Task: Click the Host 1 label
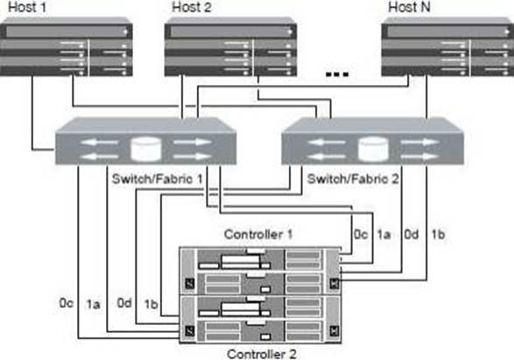coord(27,7)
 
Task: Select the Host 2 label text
coord(192,7)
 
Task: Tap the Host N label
coord(409,7)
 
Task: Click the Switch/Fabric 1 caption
coord(157,179)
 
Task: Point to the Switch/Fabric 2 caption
coord(353,179)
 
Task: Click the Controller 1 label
coord(258,235)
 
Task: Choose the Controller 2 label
coord(261,354)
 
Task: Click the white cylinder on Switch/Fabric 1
coord(146,150)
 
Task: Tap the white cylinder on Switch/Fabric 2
coord(373,150)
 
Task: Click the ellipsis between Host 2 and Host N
coord(336,74)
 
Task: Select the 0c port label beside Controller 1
coord(361,235)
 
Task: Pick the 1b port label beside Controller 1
coord(438,235)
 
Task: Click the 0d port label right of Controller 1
coord(412,235)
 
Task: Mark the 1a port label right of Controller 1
coord(384,235)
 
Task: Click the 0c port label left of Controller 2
coord(67,303)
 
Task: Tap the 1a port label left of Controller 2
coord(93,304)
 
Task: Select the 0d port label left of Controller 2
coord(124,303)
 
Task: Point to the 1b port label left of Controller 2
coord(151,304)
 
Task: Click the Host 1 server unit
coord(67,47)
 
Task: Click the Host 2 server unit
coord(230,47)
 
